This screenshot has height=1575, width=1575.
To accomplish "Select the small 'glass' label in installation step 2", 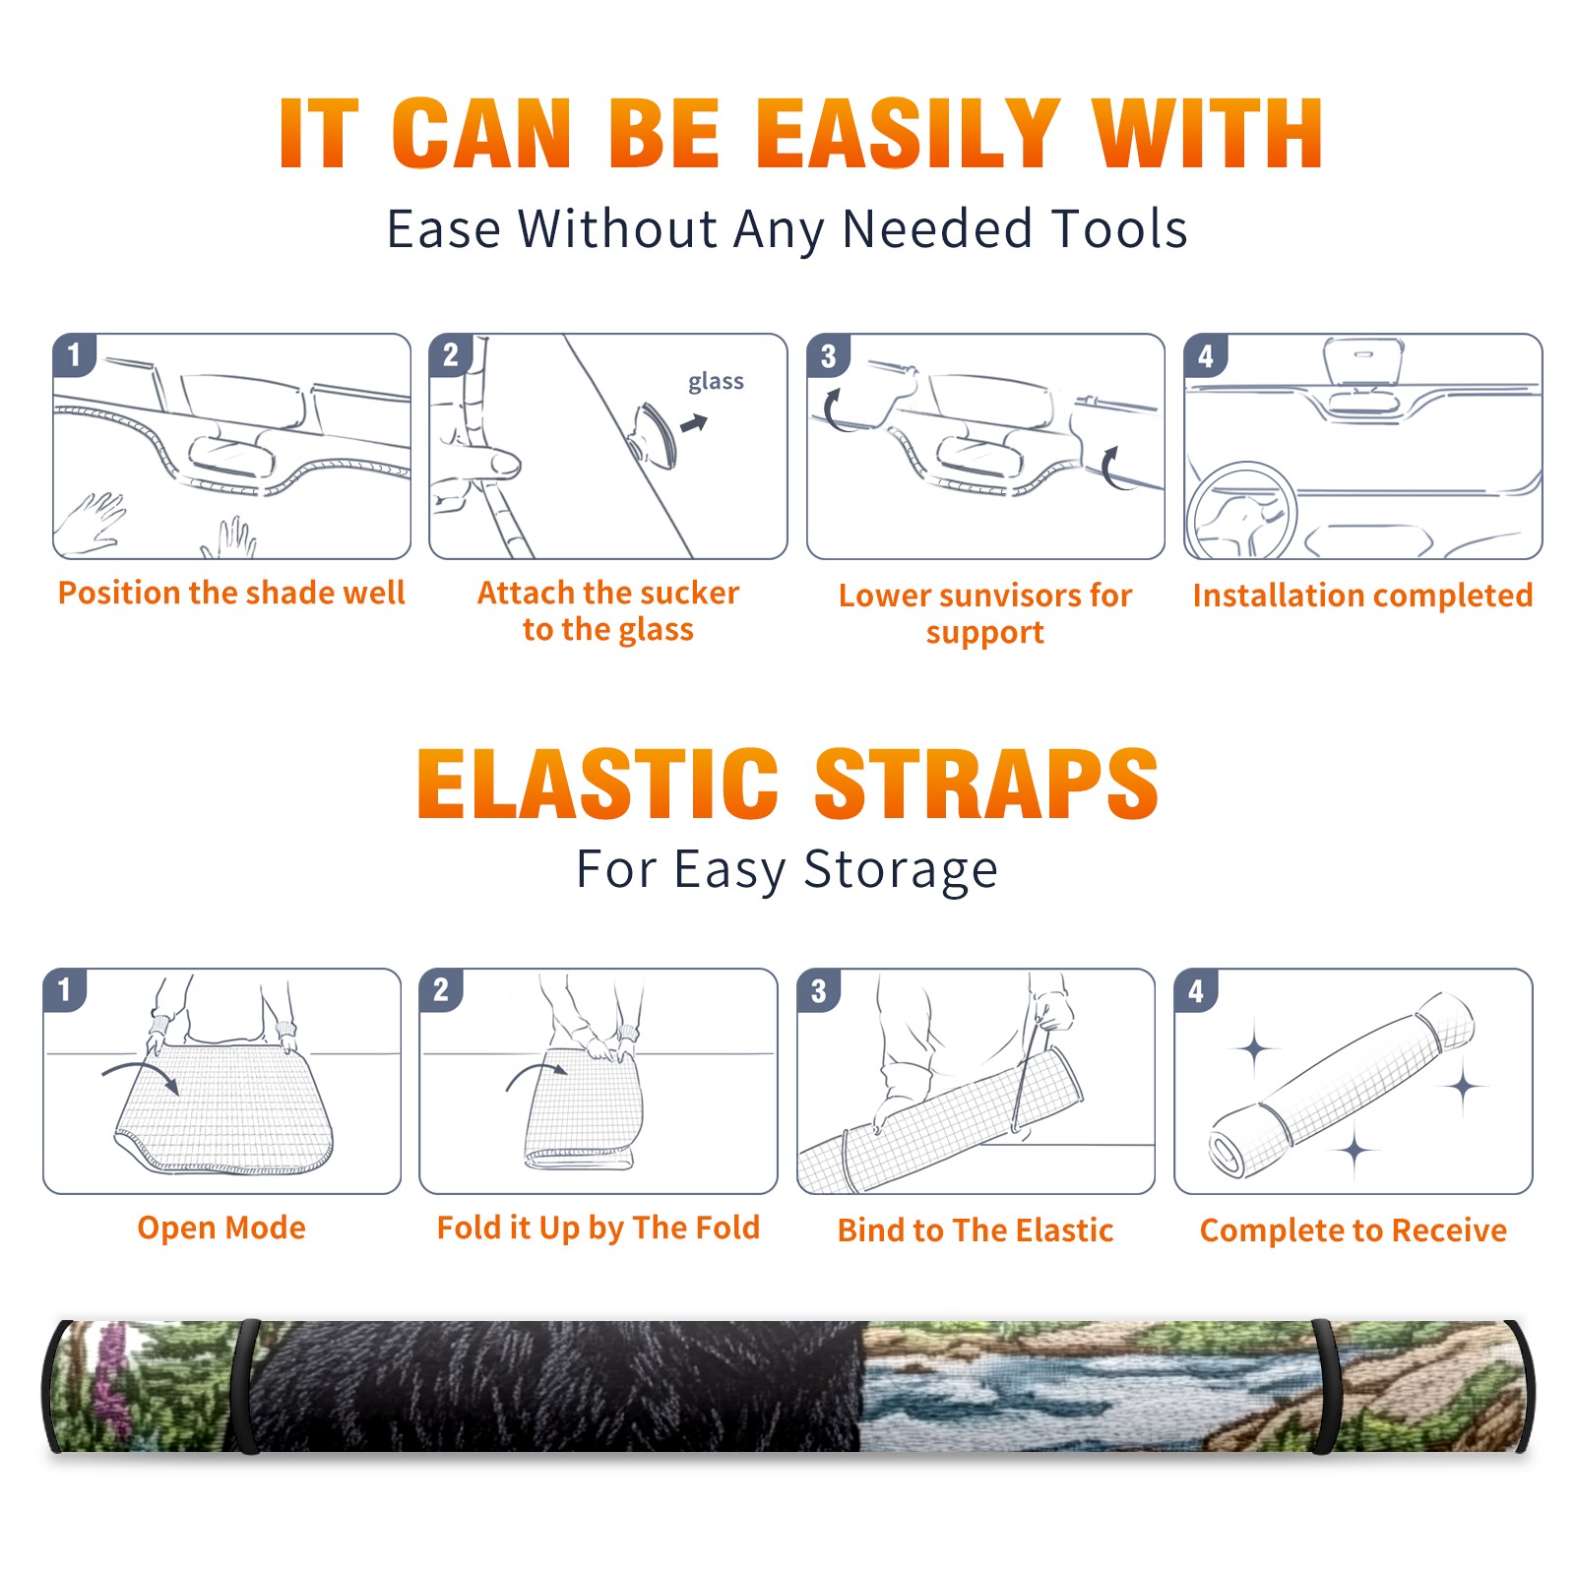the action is click(x=716, y=382).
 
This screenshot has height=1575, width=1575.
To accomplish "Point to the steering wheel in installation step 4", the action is click(x=1242, y=512).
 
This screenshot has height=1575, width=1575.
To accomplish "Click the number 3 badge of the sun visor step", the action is click(x=828, y=355).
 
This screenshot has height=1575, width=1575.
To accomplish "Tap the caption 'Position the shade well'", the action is click(x=231, y=593).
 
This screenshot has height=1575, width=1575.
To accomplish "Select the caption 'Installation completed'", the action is click(x=1362, y=596).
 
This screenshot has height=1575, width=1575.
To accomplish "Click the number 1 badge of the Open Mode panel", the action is click(x=65, y=990).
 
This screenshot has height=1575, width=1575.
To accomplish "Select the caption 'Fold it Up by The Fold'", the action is click(x=598, y=1228).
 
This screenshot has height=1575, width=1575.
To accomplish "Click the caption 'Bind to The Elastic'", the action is click(x=976, y=1230).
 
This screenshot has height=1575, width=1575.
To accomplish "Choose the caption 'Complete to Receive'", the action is click(x=1354, y=1230).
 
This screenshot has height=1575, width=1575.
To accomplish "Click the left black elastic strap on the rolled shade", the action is click(x=246, y=1386).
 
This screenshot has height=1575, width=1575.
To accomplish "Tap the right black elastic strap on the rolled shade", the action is click(x=1326, y=1386).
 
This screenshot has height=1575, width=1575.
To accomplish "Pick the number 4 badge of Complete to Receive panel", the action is click(x=1195, y=990).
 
